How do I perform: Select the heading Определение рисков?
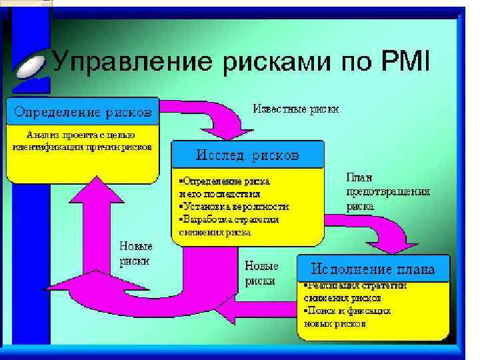[x=83, y=111]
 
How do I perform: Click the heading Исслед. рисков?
[x=247, y=155]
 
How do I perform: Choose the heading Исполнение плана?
[x=373, y=269]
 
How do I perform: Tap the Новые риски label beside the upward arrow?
[x=135, y=254]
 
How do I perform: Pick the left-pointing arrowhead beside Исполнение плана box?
[x=226, y=309]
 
